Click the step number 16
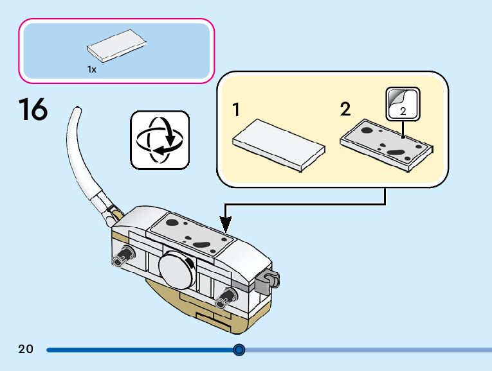coord(33,109)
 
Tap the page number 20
coord(26,350)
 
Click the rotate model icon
coord(160,139)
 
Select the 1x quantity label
coord(92,70)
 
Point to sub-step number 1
coord(237,110)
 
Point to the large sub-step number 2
coord(345,110)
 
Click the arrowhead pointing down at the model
coord(226,225)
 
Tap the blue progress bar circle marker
coord(239,350)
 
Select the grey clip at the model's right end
coord(268,280)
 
